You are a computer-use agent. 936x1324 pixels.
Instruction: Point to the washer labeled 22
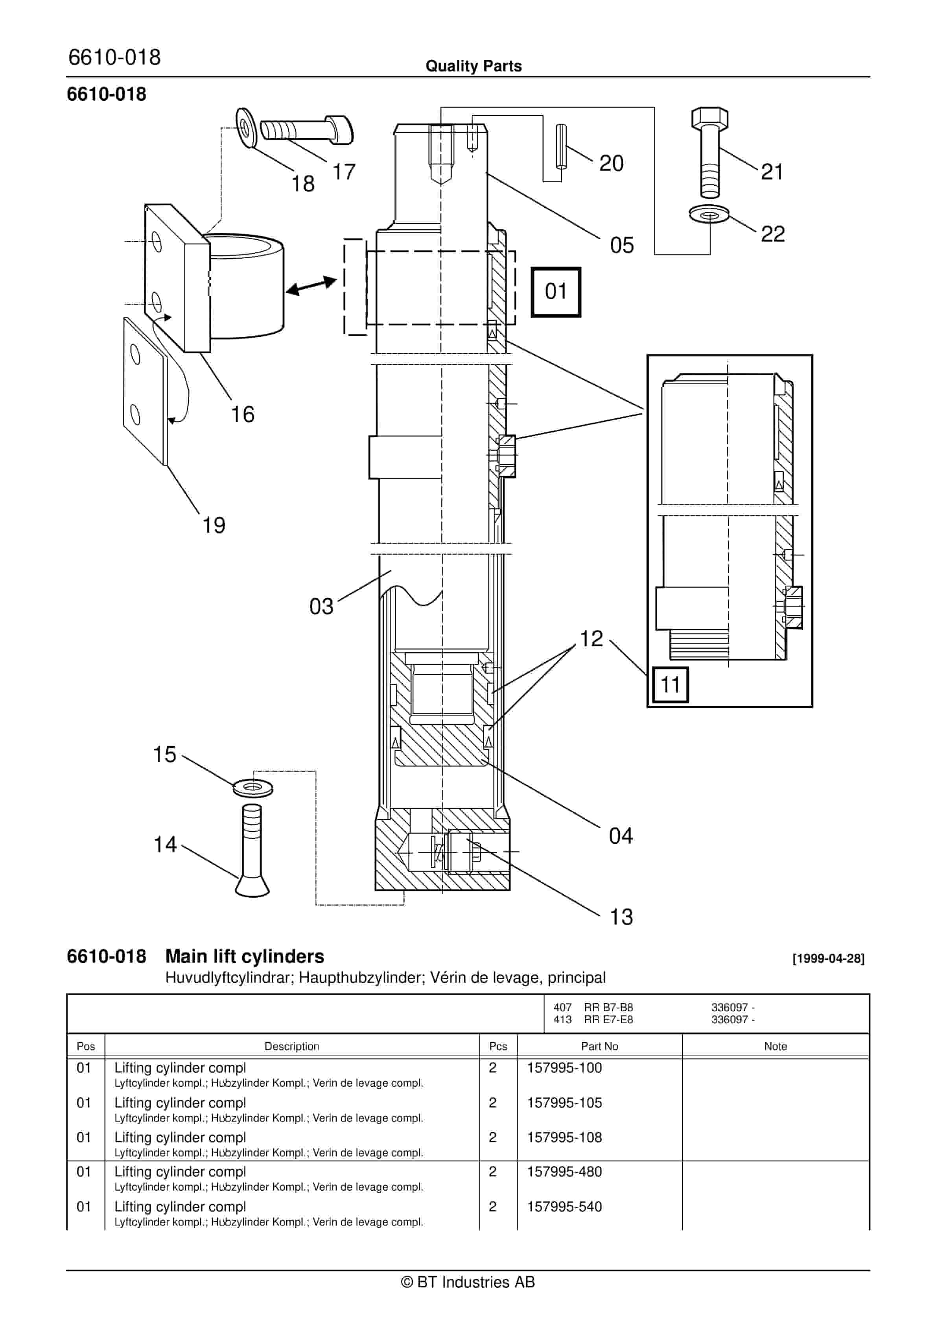pos(709,215)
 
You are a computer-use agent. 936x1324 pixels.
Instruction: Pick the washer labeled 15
pos(253,787)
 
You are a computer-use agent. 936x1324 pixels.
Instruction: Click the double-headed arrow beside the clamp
pos(311,285)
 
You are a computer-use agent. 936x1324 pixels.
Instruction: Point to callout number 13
pos(621,917)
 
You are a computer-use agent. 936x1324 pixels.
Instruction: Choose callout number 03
pos(321,607)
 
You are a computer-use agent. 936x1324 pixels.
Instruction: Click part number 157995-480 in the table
pos(564,1172)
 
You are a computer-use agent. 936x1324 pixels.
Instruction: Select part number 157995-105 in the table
pos(564,1102)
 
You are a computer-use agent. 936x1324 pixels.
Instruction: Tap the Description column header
pos(292,1046)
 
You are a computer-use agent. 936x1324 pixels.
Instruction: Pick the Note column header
pos(775,1046)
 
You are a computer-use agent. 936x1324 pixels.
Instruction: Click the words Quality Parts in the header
pos(473,66)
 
